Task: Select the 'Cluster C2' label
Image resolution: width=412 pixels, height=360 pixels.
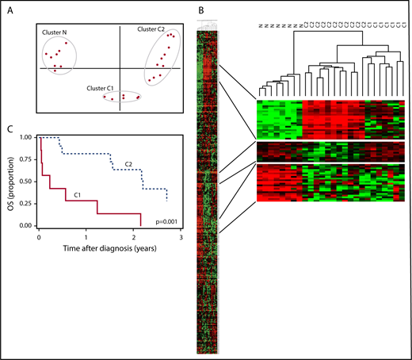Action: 151,29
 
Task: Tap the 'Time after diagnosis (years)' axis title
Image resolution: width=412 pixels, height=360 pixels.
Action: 109,248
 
